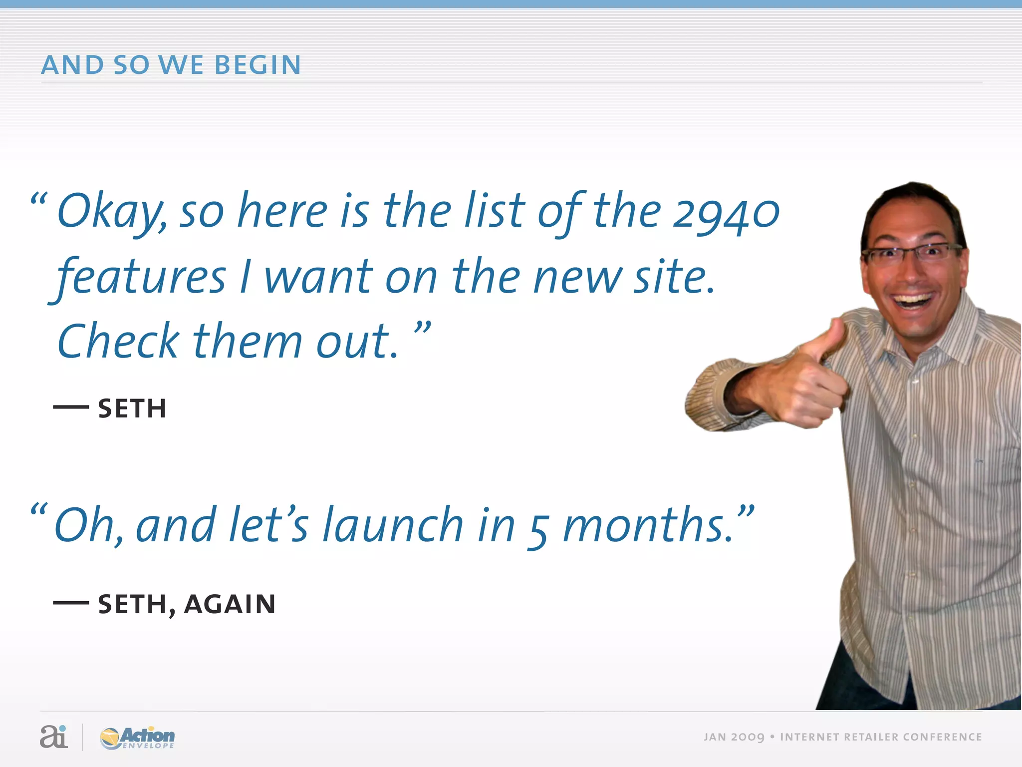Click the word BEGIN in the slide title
click(257, 65)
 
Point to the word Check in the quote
click(118, 342)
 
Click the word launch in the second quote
click(393, 525)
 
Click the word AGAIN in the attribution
click(230, 605)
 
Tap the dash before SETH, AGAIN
click(71, 603)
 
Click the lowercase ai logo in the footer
click(53, 737)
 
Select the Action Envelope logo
click(138, 738)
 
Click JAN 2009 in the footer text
click(734, 738)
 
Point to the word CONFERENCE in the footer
click(942, 738)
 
